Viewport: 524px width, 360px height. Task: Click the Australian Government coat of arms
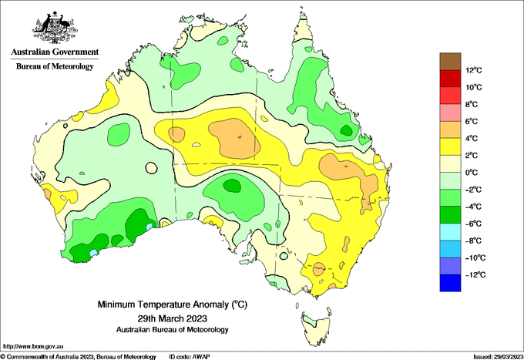[x=55, y=28]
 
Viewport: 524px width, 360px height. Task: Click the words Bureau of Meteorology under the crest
[x=55, y=66]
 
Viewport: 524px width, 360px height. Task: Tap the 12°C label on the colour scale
[x=474, y=70]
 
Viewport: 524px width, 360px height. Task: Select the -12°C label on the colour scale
[x=475, y=274]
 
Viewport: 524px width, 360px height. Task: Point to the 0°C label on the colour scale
[x=472, y=173]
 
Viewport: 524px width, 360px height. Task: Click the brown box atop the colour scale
[x=450, y=62]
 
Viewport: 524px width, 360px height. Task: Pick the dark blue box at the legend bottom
[x=450, y=283]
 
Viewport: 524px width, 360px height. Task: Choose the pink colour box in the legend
[x=450, y=113]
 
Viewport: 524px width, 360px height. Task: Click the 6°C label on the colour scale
[x=472, y=121]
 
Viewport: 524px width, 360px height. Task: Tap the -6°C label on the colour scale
[x=473, y=224]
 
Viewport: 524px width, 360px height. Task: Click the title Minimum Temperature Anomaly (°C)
[x=173, y=304]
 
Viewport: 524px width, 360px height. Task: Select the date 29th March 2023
[x=173, y=318]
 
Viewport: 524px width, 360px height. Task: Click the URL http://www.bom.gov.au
[x=33, y=346]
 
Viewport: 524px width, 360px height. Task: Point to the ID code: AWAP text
[x=190, y=357]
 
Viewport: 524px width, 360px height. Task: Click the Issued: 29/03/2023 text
[x=498, y=357]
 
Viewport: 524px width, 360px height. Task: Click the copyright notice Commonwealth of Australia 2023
[x=79, y=357]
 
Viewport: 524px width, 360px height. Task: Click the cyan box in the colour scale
[x=450, y=232]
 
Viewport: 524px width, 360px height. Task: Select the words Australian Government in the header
[x=55, y=52]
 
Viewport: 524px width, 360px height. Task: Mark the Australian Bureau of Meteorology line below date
[x=173, y=330]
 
